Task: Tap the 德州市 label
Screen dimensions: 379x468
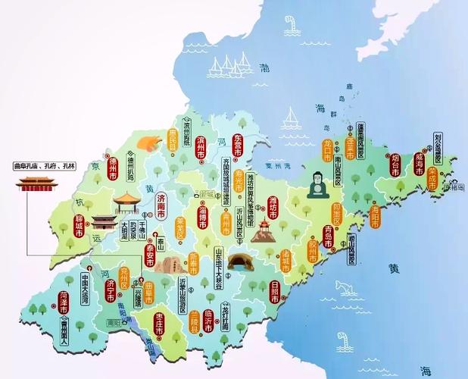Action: click(112, 166)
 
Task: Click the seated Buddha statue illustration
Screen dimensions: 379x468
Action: click(315, 184)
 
